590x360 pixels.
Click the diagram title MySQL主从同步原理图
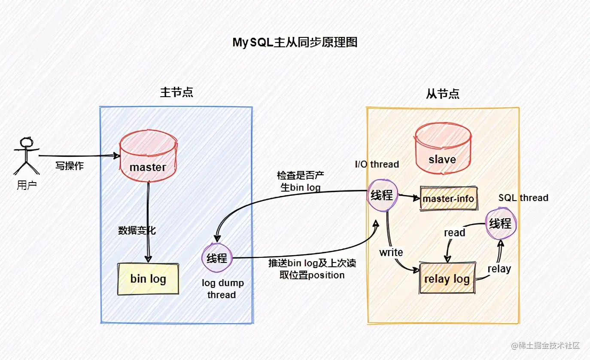295,43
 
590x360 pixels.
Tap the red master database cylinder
148,157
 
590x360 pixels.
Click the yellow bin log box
148,279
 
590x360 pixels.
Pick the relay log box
447,279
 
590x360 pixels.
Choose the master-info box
448,198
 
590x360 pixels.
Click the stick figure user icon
27,156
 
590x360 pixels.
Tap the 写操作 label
70,166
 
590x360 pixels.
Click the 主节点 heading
176,92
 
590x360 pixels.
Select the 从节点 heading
443,94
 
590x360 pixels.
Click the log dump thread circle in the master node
217,258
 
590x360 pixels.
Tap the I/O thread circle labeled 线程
382,195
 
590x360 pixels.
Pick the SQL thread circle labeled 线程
501,224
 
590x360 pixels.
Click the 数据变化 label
137,231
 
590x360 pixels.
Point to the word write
391,253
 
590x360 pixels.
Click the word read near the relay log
454,233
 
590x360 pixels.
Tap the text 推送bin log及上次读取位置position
312,269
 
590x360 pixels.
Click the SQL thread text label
523,198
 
